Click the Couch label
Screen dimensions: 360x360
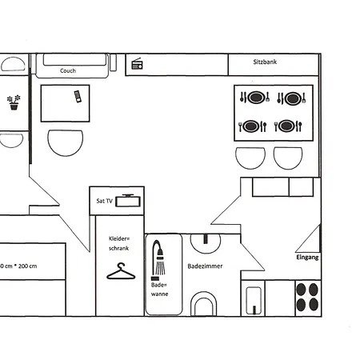point(68,70)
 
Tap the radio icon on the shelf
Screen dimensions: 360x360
point(137,64)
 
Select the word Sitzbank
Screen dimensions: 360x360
point(265,62)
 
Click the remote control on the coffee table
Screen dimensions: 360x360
point(77,97)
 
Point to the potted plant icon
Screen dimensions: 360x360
point(13,103)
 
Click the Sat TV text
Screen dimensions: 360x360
point(104,202)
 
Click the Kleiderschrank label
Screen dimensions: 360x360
point(118,243)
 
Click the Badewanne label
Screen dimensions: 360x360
point(159,289)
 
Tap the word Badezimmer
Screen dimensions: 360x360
point(205,266)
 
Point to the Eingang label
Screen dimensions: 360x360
point(307,258)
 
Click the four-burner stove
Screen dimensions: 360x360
point(306,297)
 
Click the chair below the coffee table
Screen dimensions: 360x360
point(65,145)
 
